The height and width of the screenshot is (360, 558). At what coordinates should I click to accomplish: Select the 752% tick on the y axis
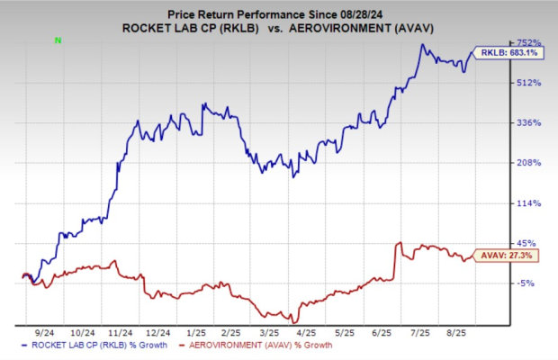tap(527, 42)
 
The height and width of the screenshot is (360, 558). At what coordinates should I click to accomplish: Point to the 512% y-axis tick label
tap(527, 83)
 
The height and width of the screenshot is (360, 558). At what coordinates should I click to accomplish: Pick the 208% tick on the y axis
tap(527, 163)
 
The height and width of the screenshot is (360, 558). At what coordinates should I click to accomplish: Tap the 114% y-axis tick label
tap(527, 203)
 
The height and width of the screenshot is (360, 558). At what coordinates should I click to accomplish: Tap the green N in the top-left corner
tap(58, 40)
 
